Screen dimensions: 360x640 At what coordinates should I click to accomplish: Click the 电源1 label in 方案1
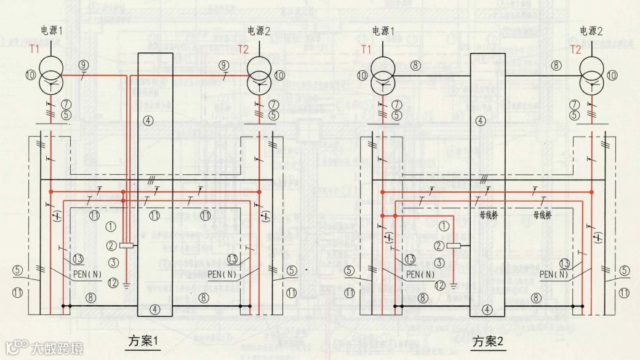[x=52, y=31]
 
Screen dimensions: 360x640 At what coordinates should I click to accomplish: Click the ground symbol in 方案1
[x=126, y=285]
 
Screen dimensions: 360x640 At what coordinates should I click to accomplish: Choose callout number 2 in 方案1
[x=112, y=246]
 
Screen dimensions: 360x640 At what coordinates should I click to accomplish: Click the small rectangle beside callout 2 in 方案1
[x=128, y=246]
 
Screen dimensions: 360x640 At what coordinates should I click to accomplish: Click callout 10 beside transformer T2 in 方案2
[x=612, y=75]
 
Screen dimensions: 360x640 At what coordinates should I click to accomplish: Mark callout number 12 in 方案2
[x=439, y=285]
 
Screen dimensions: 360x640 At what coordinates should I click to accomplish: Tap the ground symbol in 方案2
[x=454, y=285]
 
